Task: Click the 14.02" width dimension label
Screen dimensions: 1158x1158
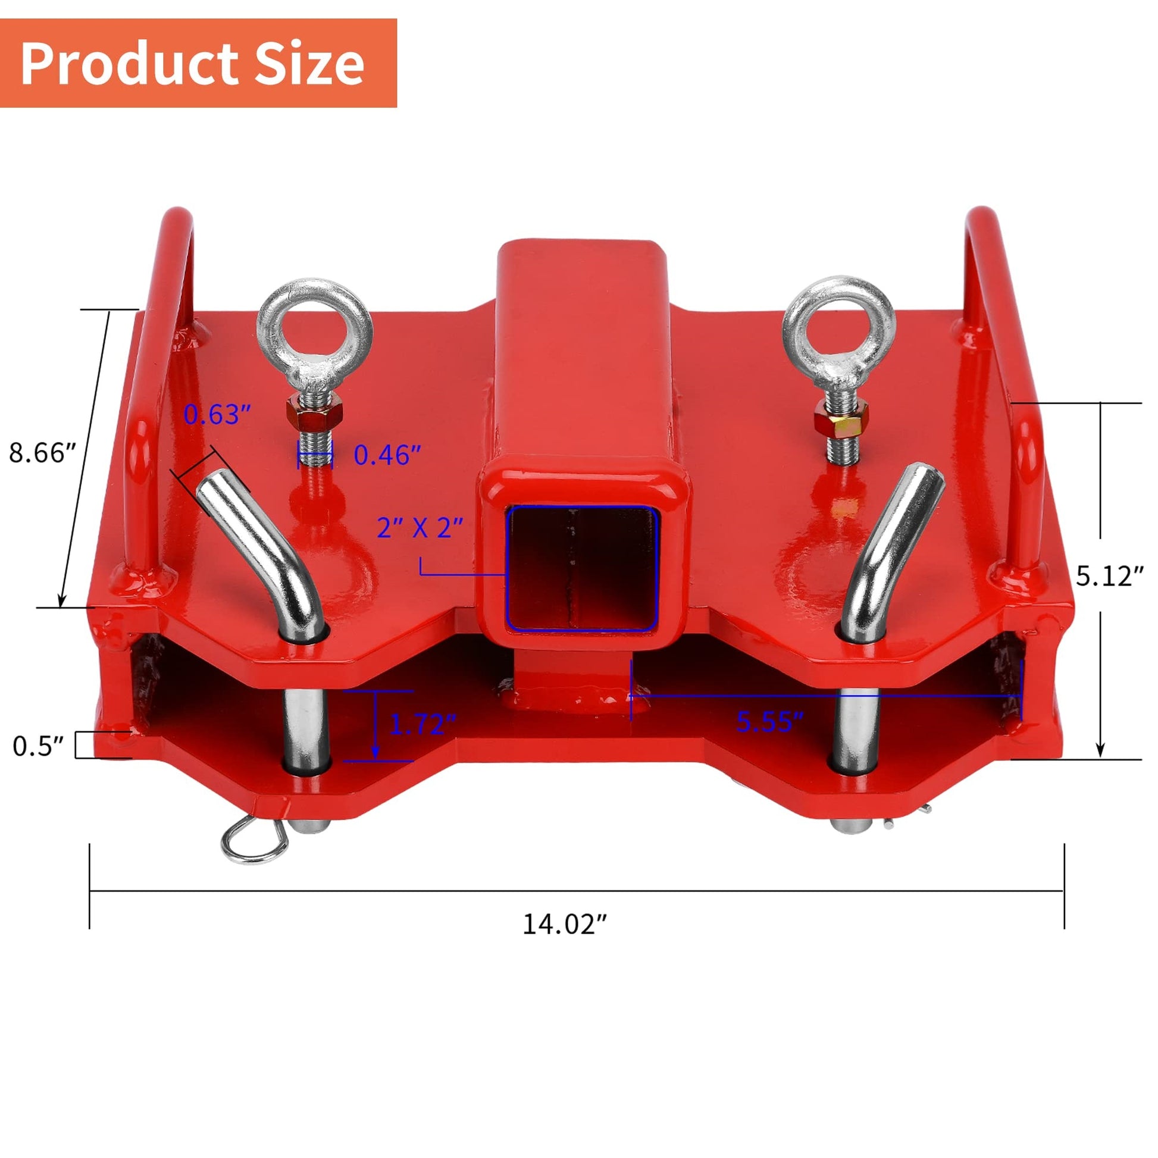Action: (565, 924)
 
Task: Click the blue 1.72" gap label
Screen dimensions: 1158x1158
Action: (423, 724)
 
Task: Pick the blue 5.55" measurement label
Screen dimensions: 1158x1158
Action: (769, 722)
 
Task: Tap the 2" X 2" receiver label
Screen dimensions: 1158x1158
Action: (420, 527)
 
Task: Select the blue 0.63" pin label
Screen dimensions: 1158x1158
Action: (217, 414)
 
